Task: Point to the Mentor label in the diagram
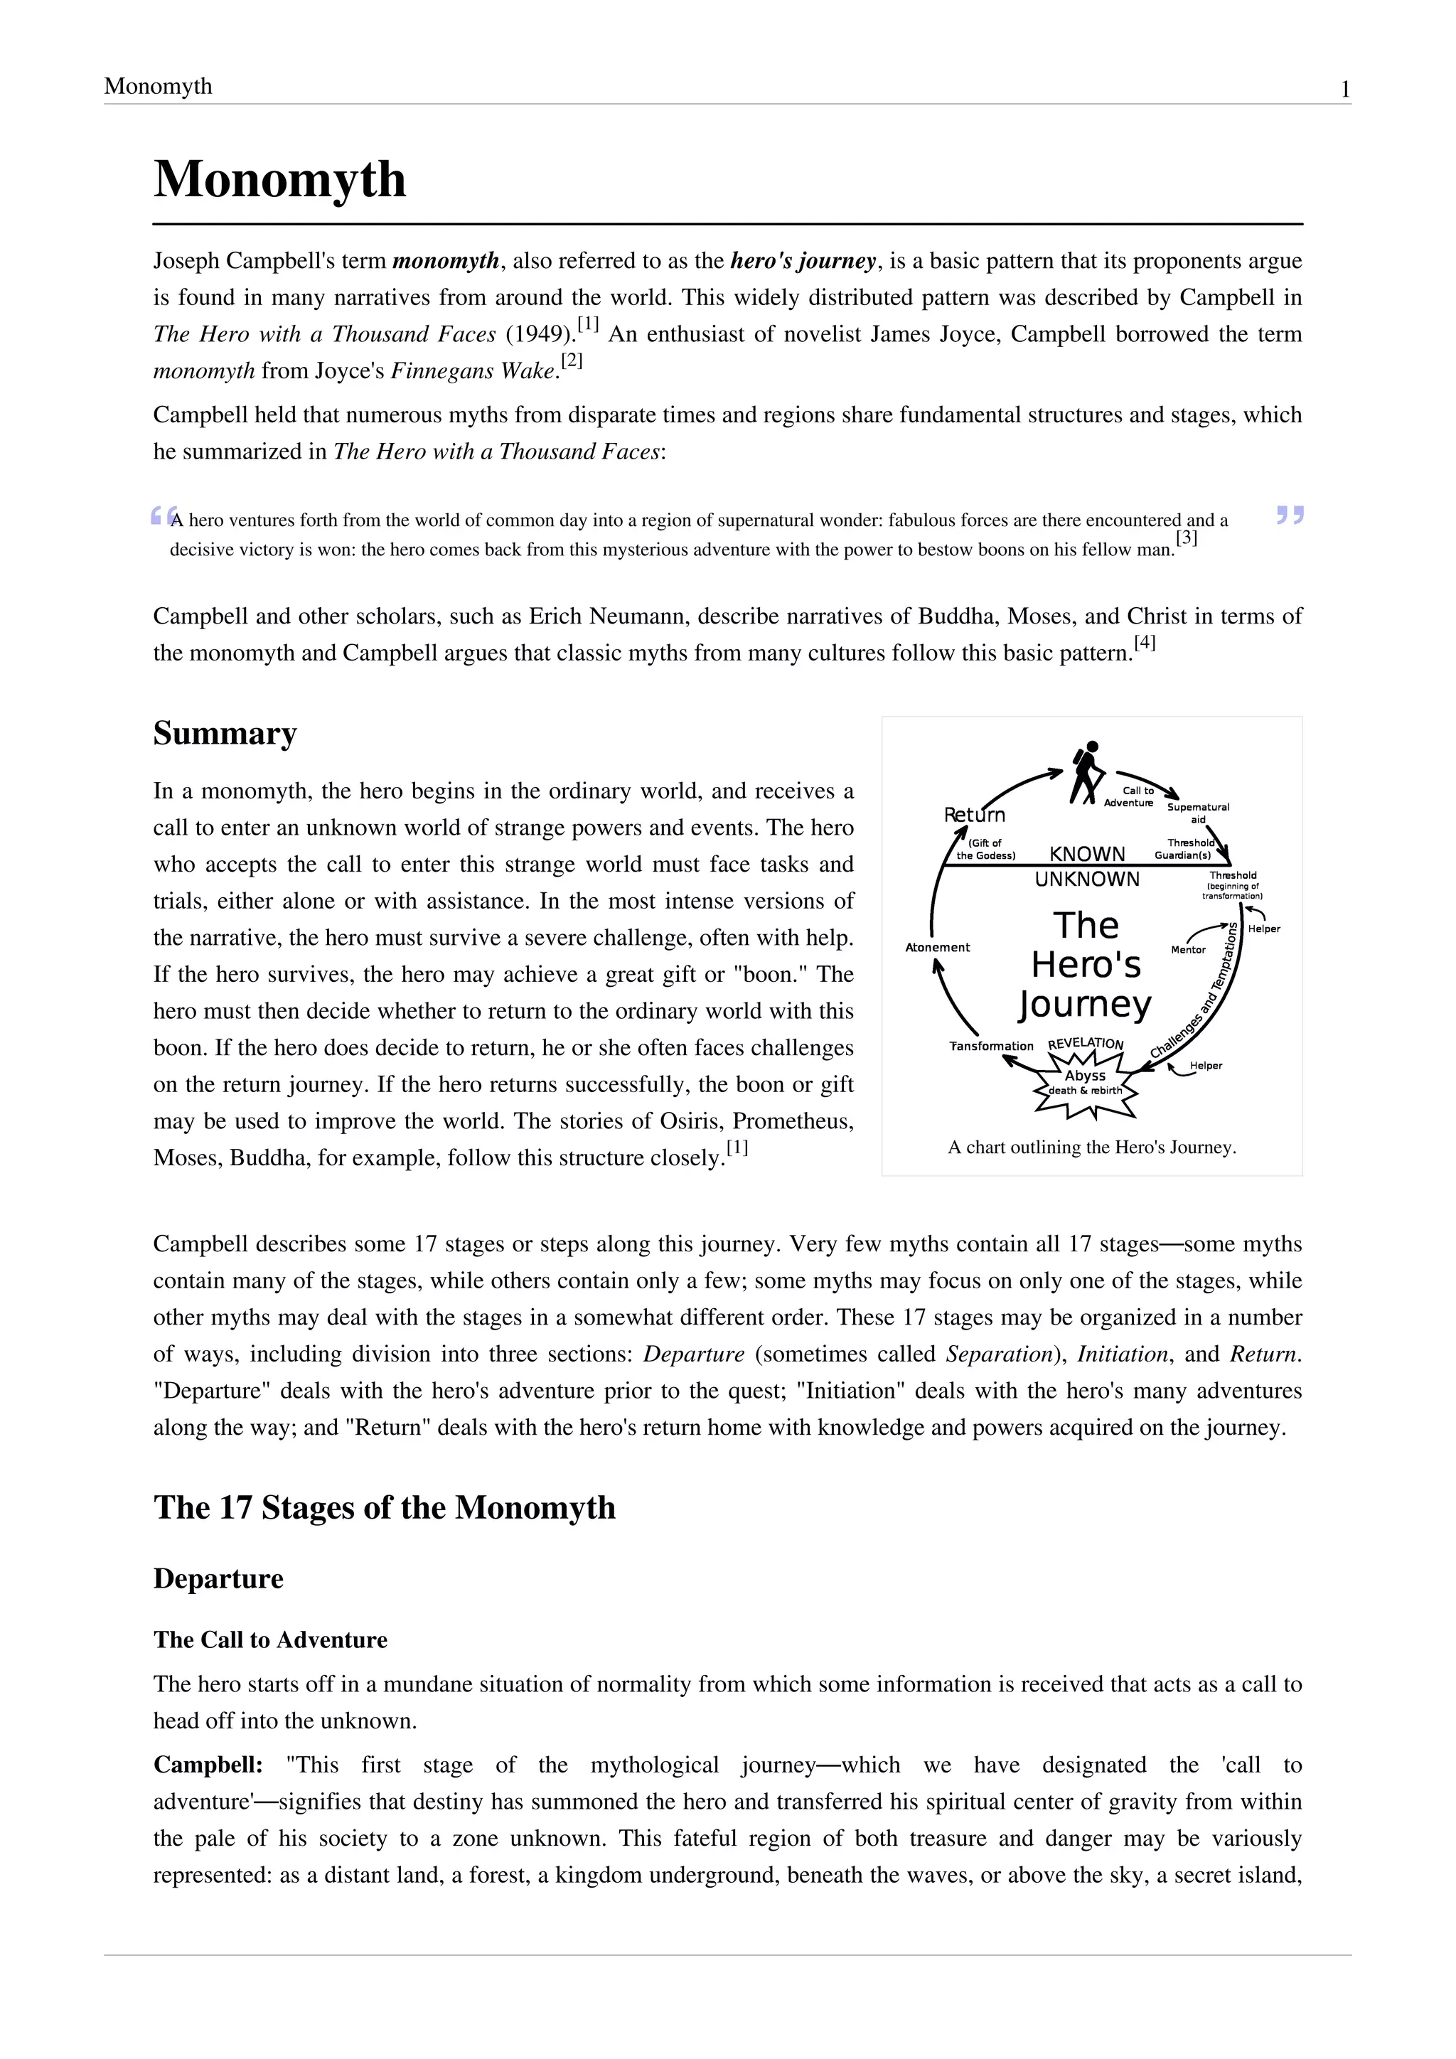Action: click(x=1188, y=950)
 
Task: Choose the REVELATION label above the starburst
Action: click(x=1085, y=1044)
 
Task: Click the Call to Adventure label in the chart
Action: click(x=1129, y=796)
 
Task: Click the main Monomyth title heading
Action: click(x=279, y=178)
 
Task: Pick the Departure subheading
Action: click(x=218, y=1578)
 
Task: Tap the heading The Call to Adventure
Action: click(x=270, y=1640)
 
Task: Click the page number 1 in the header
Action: click(x=1345, y=89)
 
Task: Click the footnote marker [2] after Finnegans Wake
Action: click(x=572, y=360)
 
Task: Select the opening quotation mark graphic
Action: click(x=162, y=515)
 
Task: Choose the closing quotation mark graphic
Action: click(x=1289, y=515)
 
